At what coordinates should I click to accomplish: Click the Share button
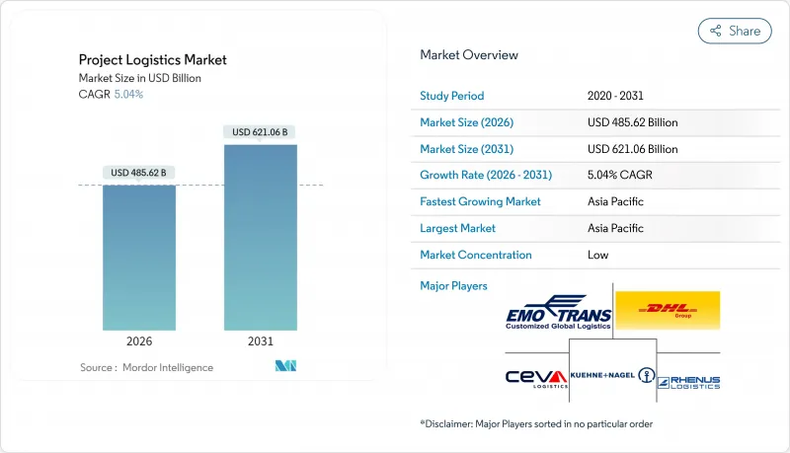point(735,31)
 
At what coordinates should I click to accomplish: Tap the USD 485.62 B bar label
point(139,173)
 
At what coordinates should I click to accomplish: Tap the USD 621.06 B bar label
point(260,132)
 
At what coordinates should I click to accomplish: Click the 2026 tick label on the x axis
point(139,341)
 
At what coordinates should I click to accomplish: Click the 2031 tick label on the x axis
point(260,341)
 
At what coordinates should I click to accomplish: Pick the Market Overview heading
point(469,54)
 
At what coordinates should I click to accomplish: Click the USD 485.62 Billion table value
point(632,122)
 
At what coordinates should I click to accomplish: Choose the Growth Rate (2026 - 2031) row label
point(486,175)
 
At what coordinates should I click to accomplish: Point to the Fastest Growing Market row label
point(481,201)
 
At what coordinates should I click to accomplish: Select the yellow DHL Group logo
point(668,310)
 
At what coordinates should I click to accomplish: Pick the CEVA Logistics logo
point(536,379)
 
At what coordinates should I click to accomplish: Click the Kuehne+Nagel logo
point(612,376)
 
